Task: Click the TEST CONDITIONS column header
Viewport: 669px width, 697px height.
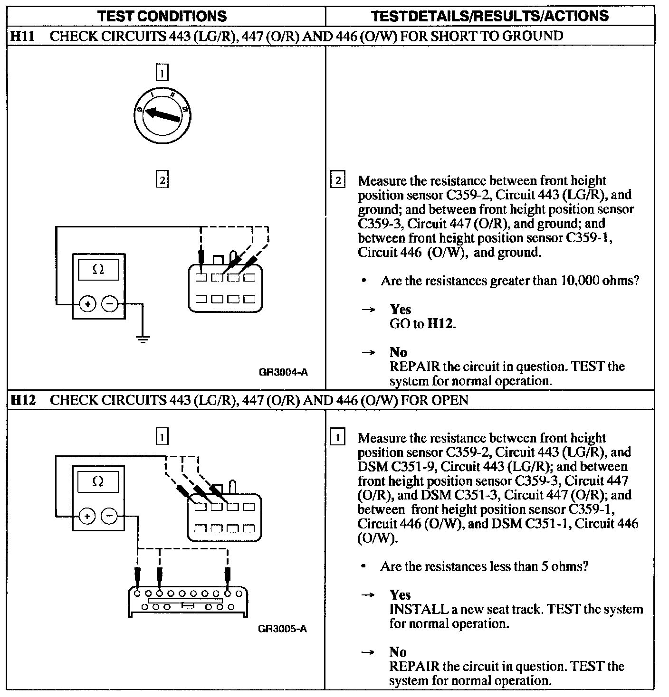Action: click(x=162, y=16)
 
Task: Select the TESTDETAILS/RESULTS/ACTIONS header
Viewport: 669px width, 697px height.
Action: click(x=489, y=16)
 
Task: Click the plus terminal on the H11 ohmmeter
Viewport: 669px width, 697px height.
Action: click(x=87, y=304)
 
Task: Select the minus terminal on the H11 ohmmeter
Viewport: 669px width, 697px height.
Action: click(x=110, y=304)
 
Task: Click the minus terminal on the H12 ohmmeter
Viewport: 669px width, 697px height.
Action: click(x=110, y=516)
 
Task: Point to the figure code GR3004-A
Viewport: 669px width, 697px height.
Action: click(x=283, y=372)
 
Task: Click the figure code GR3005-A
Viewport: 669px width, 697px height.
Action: click(x=282, y=629)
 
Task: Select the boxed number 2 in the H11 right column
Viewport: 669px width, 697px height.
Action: click(x=338, y=180)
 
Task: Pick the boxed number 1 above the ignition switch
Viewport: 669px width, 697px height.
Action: click(x=162, y=73)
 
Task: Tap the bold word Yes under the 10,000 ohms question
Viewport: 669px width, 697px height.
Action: click(x=400, y=309)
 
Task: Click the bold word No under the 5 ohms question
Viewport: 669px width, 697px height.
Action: click(x=398, y=652)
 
